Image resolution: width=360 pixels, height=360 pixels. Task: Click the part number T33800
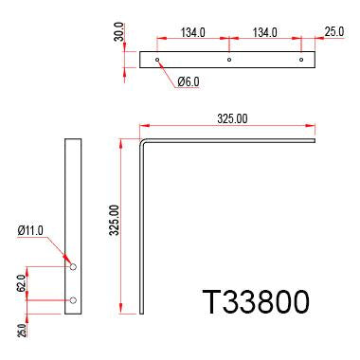(256, 303)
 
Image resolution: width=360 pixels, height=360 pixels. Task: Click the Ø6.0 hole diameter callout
(188, 82)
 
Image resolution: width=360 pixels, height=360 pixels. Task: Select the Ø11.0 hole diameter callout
(32, 230)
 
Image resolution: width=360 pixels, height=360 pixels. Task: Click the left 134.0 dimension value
(192, 33)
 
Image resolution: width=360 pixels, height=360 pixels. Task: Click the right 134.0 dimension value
(264, 33)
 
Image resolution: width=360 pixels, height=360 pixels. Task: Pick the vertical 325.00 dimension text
(115, 221)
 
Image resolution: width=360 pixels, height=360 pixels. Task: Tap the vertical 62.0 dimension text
(21, 282)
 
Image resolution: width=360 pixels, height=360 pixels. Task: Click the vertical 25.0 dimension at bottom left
(21, 330)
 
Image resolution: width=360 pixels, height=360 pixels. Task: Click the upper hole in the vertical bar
(73, 267)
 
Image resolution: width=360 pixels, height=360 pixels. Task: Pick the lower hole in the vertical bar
(73, 300)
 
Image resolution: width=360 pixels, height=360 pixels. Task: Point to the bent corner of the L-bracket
(143, 143)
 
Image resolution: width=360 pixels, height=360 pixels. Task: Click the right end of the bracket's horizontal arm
(314, 142)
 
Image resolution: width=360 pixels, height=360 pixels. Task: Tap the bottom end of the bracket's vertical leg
(142, 315)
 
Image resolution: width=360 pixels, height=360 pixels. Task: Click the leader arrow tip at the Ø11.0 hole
(69, 262)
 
